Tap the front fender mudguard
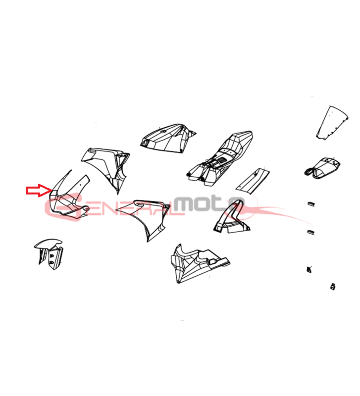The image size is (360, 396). pos(49,253)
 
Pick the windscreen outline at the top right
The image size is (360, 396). pos(332,123)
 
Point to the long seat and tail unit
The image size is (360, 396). pos(219,159)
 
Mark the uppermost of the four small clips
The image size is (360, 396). pos(311,203)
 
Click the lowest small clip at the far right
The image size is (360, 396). pos(333,287)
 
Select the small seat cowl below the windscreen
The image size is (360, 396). pos(322,167)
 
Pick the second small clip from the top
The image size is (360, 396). pos(311,232)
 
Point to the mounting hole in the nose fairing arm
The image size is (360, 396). pos(81,184)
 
